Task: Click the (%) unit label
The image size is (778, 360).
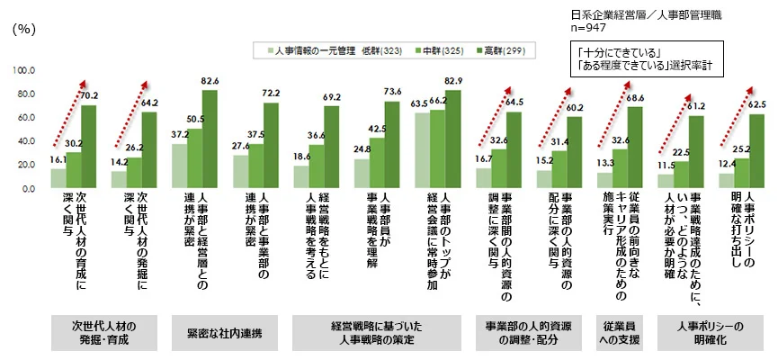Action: [x=23, y=29]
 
